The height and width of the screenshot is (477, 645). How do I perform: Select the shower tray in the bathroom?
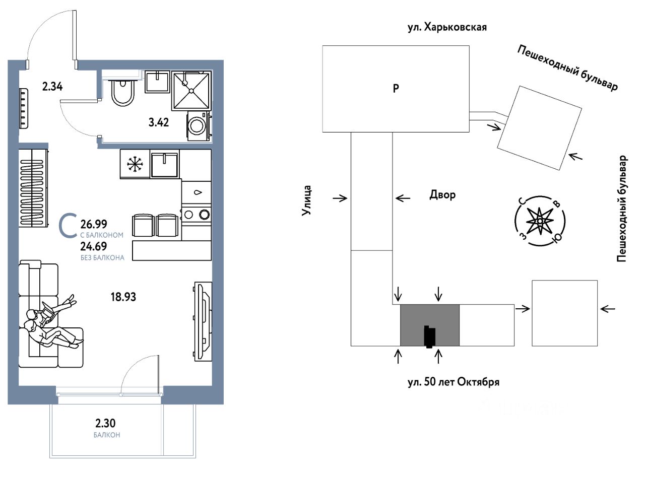click(x=191, y=90)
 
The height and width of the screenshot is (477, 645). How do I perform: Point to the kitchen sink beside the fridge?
click(x=164, y=164)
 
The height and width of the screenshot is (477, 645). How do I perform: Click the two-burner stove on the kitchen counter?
click(x=196, y=214)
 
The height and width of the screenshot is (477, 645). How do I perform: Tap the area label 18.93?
click(x=123, y=297)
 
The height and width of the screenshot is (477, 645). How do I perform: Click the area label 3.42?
click(x=158, y=122)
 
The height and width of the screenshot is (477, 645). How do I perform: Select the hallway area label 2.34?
click(x=52, y=87)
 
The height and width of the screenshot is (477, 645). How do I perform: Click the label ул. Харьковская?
click(x=447, y=27)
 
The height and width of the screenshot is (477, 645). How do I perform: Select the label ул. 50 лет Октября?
click(x=453, y=382)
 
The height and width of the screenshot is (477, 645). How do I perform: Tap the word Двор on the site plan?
click(x=442, y=195)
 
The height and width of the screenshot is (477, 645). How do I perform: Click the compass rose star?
click(x=540, y=221)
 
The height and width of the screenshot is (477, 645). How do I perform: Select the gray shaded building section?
click(x=429, y=325)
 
